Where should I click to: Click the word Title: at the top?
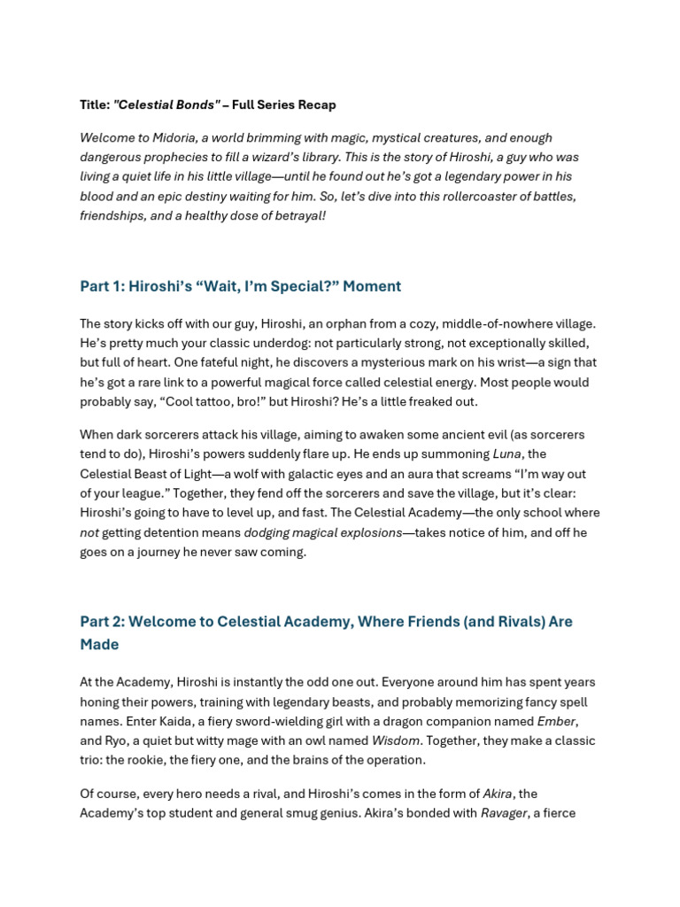(95, 105)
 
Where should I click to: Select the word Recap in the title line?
(317, 105)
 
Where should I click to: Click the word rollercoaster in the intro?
(422, 197)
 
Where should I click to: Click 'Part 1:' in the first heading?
(101, 286)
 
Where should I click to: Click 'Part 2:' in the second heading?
(103, 622)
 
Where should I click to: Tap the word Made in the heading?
(99, 645)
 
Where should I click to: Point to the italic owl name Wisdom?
(395, 740)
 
